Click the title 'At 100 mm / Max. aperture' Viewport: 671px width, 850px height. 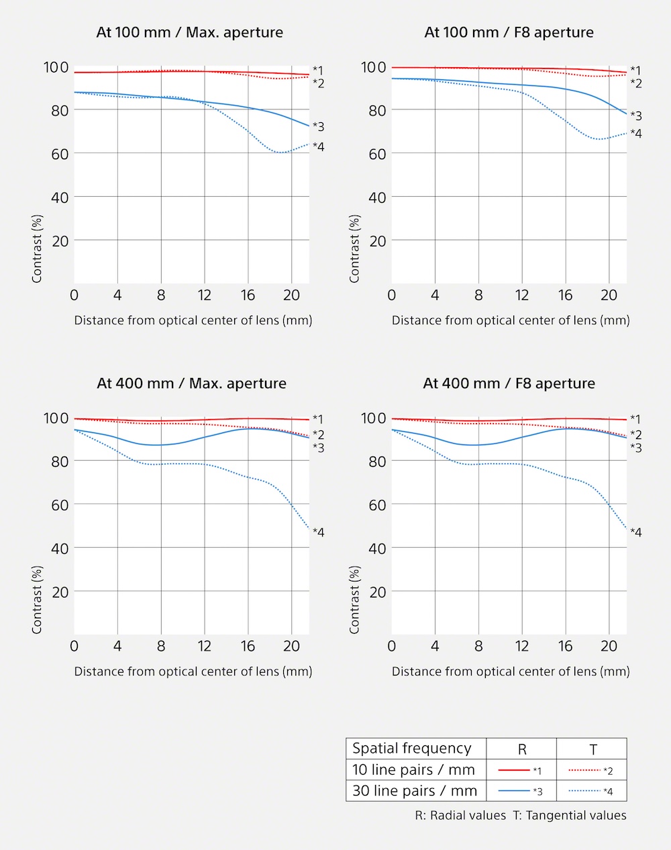pos(189,32)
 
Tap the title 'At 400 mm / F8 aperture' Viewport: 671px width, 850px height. pos(509,383)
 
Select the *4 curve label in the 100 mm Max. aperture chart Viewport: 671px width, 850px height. pos(319,146)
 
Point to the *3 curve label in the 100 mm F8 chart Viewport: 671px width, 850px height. pos(636,115)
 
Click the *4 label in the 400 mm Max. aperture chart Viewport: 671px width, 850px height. pos(319,532)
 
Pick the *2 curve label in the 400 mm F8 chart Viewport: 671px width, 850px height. pos(636,434)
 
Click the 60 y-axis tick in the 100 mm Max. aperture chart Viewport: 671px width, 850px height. pos(60,154)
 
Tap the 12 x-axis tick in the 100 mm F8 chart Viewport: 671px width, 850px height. pos(522,295)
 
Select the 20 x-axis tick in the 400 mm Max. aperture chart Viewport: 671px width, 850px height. pos(291,646)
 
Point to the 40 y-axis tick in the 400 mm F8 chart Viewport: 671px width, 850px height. pos(377,549)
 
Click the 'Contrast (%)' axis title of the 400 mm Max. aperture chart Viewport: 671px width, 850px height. pos(37,600)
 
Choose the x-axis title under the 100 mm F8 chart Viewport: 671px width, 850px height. pos(511,320)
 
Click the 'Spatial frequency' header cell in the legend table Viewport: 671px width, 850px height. pos(412,748)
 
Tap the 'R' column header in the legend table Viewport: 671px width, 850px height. pos(522,749)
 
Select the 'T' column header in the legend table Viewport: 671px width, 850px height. pos(593,749)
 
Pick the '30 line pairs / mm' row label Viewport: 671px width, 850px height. pos(415,791)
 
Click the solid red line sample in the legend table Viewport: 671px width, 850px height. pos(514,770)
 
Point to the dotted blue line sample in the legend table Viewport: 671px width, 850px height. pos(584,791)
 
